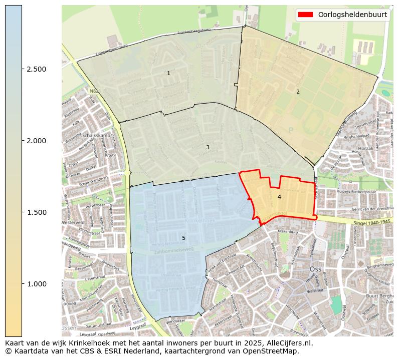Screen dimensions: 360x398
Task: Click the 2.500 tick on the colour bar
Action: click(x=37, y=69)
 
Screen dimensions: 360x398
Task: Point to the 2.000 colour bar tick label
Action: click(x=37, y=141)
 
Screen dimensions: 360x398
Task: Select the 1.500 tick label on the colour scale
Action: click(x=37, y=212)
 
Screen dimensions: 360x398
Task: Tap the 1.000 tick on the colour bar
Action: click(x=37, y=284)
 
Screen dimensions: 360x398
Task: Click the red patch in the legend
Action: click(x=306, y=15)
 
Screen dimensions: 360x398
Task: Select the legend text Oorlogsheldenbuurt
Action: click(x=352, y=15)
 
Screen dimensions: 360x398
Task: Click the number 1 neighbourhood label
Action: click(x=168, y=74)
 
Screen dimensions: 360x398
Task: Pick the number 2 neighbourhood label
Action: click(x=298, y=92)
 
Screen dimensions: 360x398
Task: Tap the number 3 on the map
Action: click(x=208, y=148)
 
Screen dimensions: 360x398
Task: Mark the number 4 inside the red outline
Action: click(x=279, y=197)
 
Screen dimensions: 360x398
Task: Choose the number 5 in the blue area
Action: click(x=183, y=238)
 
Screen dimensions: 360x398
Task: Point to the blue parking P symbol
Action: click(x=290, y=130)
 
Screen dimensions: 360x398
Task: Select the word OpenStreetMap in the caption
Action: click(x=271, y=351)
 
